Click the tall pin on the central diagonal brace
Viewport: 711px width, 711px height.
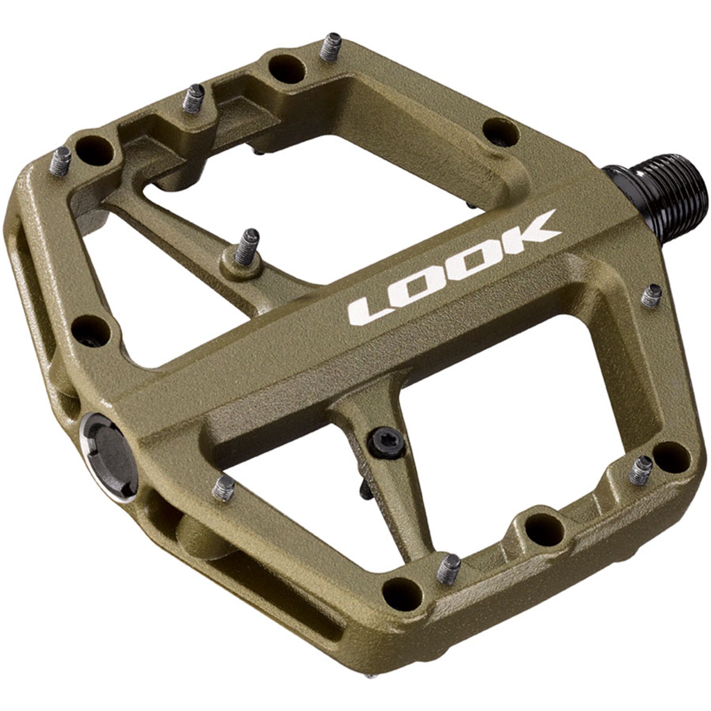point(247,246)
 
